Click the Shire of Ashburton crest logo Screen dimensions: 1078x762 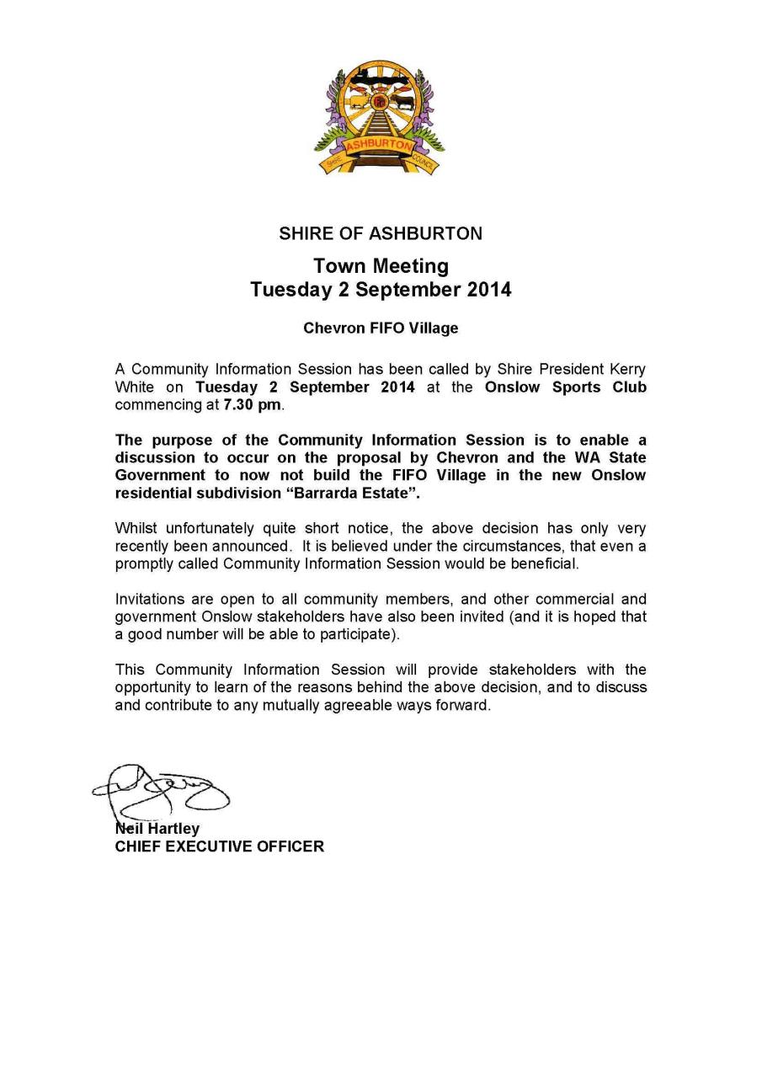[x=381, y=117]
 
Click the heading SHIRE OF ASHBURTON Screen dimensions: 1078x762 [x=381, y=233]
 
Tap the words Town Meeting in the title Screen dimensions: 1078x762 [x=381, y=266]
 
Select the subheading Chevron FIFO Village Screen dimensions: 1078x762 [x=381, y=328]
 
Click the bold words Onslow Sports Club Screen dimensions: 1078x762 [x=566, y=387]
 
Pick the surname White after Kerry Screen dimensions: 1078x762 [x=134, y=387]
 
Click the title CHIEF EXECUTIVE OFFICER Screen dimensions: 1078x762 [x=219, y=846]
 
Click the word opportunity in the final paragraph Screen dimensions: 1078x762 [x=151, y=688]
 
